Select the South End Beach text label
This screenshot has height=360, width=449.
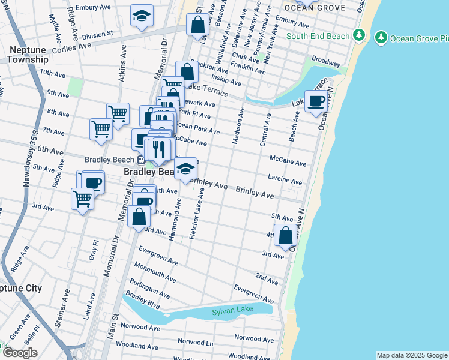(x=318, y=37)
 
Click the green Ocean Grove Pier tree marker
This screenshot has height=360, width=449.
(x=380, y=38)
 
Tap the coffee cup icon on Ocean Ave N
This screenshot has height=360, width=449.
(x=315, y=101)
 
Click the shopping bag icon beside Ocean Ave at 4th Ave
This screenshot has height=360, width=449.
(x=286, y=235)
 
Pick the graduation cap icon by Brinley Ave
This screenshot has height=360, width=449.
(x=185, y=169)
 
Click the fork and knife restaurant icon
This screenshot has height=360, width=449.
(x=158, y=149)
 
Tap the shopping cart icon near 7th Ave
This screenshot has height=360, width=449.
(x=101, y=128)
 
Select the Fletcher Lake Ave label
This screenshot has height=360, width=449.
(x=197, y=214)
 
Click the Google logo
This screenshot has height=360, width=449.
(x=20, y=352)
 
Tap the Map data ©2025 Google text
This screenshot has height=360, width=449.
(x=411, y=355)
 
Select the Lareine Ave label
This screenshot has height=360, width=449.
(x=285, y=180)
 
